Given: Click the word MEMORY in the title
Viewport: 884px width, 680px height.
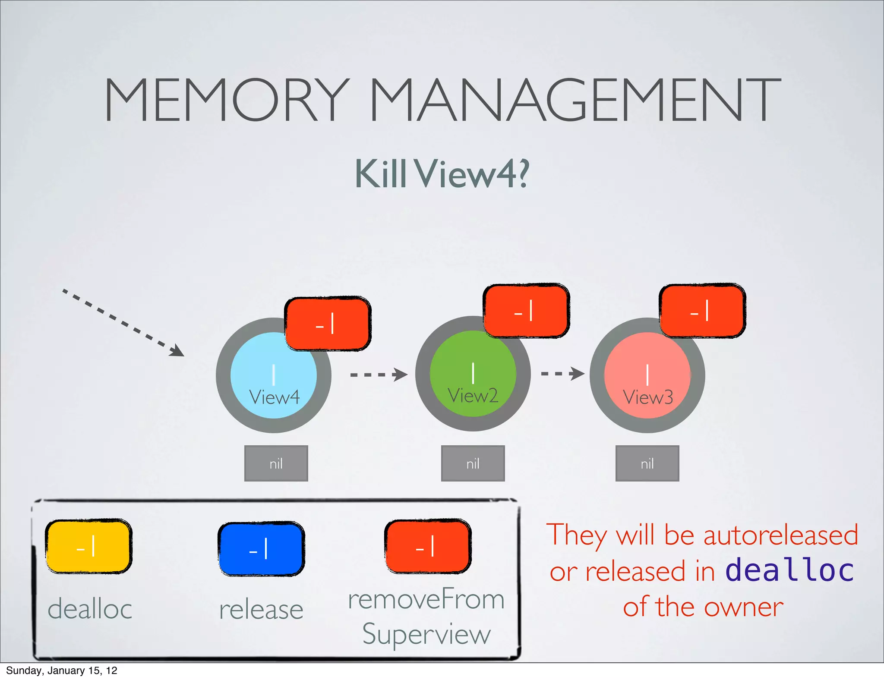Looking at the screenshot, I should pos(225,100).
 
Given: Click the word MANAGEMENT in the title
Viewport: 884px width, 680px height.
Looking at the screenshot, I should pos(575,100).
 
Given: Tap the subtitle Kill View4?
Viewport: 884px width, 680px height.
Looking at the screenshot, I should pos(442,173).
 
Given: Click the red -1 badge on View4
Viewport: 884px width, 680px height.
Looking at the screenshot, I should pos(327,324).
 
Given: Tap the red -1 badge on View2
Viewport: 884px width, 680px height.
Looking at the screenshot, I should pos(526,311).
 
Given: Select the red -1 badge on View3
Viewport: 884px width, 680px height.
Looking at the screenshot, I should pos(702,311).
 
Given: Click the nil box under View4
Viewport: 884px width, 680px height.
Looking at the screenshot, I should pos(276,463).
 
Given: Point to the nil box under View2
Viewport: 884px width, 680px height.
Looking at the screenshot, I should pos(473,463).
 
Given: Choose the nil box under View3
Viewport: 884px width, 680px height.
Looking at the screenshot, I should pos(647,463).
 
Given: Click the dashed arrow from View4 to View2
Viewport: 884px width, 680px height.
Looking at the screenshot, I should pos(378,375).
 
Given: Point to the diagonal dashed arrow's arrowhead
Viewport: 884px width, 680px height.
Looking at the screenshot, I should pos(177,351).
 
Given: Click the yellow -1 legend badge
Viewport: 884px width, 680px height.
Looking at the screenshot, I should pos(88,546).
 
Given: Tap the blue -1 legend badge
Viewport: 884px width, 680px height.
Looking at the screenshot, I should pos(261,549).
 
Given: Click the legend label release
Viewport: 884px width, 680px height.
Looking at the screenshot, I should pos(261,609).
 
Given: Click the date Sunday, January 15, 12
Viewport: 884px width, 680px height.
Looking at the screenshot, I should pos(61,671).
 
